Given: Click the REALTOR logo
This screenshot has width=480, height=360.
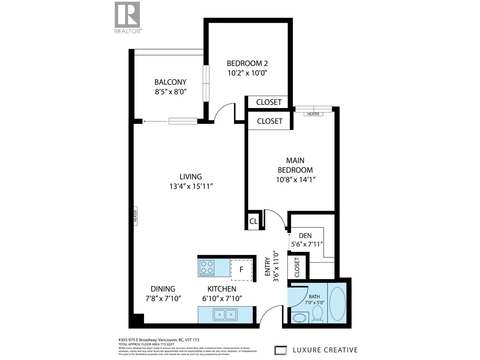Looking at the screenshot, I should (x=127, y=17).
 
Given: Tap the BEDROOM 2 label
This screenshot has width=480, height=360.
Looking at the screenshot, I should (x=247, y=63).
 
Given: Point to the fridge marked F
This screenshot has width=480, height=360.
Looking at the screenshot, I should (x=241, y=270).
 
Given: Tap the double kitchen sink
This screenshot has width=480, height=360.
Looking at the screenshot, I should (x=225, y=315).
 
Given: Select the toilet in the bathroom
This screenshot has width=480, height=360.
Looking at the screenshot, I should (x=317, y=314).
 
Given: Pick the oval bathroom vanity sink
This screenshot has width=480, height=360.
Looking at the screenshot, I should (x=300, y=318).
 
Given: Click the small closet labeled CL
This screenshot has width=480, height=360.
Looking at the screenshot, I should (x=253, y=221).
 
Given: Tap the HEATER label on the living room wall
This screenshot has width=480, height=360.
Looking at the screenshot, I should (x=135, y=216).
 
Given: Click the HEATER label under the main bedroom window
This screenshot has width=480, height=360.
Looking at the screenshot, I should (x=313, y=114).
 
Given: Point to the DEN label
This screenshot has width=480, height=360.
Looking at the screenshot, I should (x=305, y=236).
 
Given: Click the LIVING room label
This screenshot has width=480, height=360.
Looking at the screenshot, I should (x=190, y=177).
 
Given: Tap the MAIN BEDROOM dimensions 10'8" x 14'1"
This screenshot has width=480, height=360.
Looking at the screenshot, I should (x=296, y=180).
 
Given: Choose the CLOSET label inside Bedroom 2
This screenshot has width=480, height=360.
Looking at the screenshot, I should (x=269, y=102).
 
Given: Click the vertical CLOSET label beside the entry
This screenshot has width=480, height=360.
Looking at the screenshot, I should (x=297, y=267).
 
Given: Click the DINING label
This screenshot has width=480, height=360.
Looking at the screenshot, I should (x=163, y=289).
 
